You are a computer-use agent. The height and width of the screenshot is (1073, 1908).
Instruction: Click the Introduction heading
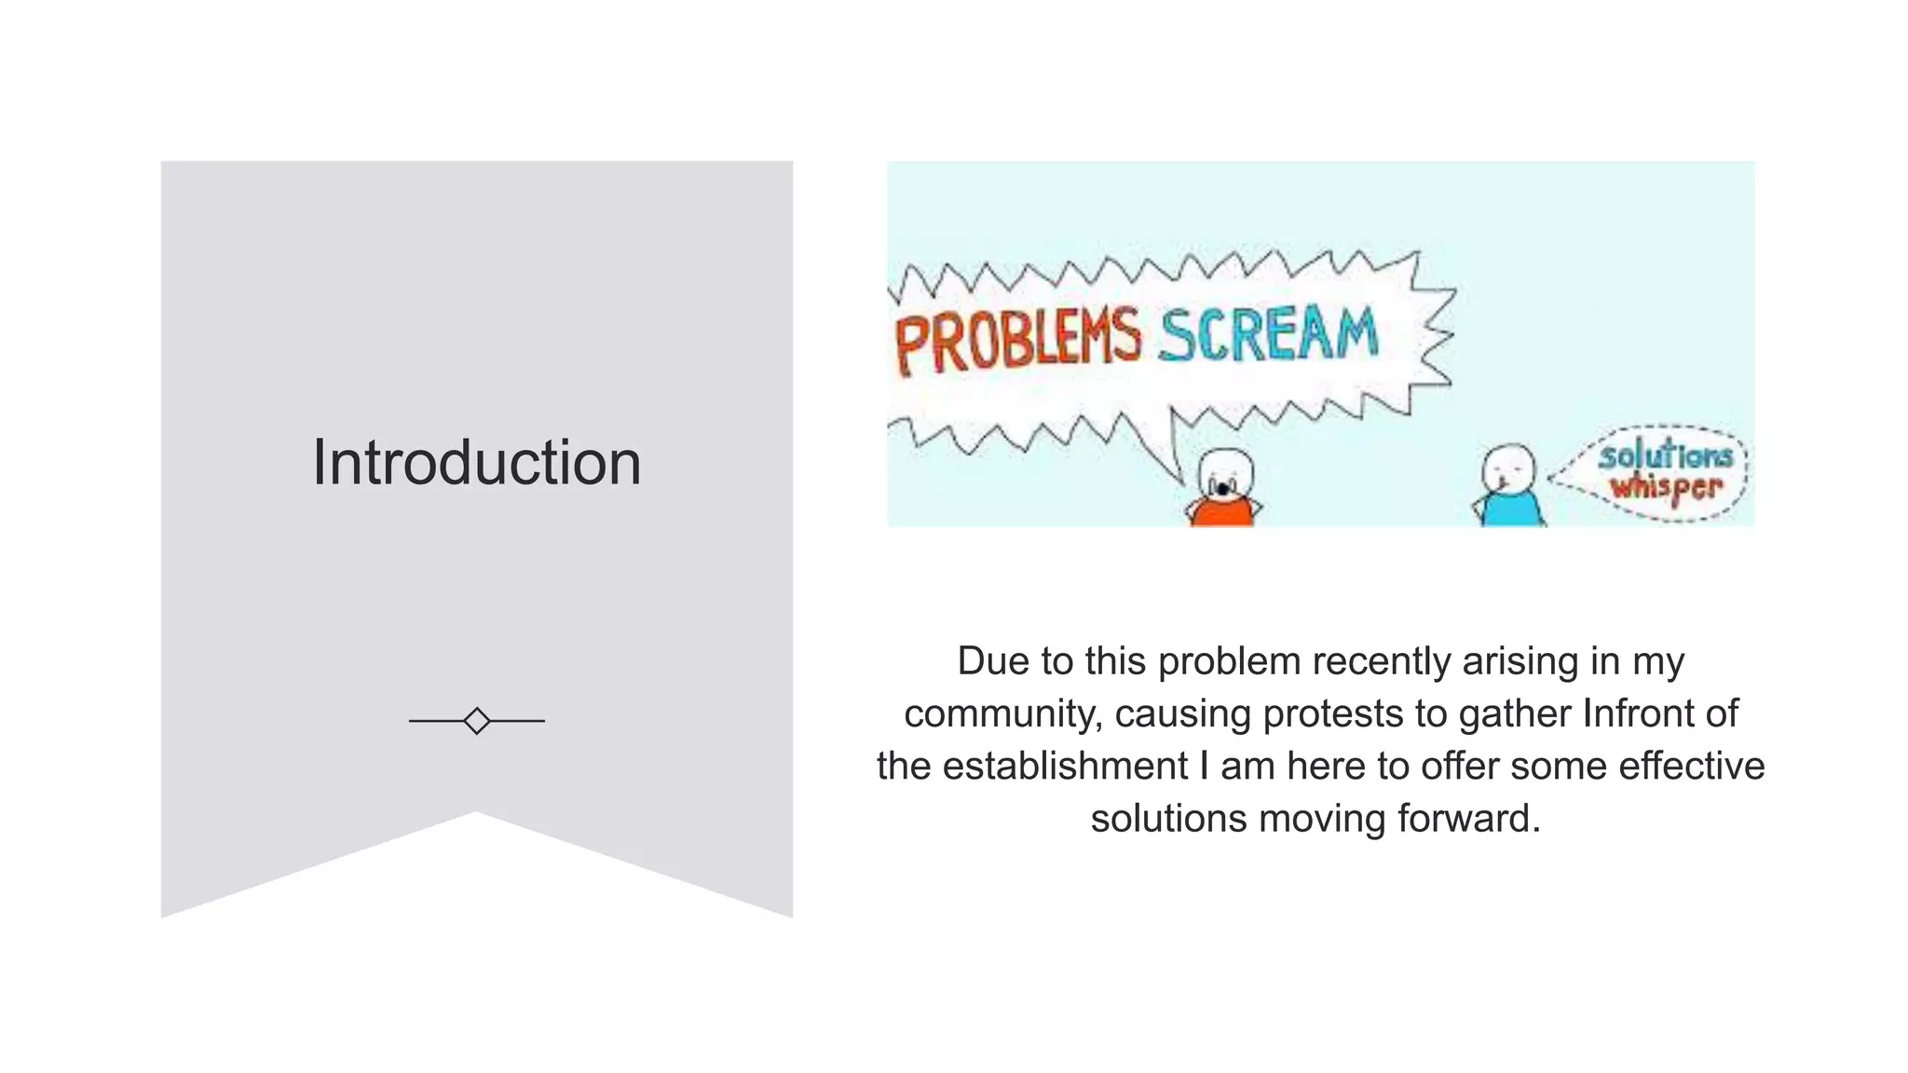click(x=476, y=462)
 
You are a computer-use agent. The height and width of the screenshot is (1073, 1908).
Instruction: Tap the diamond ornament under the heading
click(x=476, y=721)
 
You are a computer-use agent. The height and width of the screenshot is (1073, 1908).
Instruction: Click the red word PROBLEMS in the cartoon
click(x=1017, y=341)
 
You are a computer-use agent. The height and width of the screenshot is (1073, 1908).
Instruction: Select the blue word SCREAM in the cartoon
click(x=1268, y=333)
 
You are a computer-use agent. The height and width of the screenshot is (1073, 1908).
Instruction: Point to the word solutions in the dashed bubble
click(x=1665, y=456)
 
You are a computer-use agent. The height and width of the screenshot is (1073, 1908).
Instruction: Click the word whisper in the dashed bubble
click(x=1667, y=487)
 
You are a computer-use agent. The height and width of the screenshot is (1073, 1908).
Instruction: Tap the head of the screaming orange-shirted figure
click(x=1224, y=475)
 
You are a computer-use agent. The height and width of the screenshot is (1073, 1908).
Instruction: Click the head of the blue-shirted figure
click(x=1508, y=469)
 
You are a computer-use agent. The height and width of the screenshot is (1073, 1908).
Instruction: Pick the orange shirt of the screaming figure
click(x=1222, y=513)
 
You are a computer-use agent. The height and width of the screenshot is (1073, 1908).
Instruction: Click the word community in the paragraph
click(x=1003, y=714)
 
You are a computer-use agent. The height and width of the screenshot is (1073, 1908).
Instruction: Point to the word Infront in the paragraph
click(x=1638, y=714)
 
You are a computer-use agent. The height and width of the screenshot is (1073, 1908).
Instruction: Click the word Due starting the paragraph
click(x=992, y=661)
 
